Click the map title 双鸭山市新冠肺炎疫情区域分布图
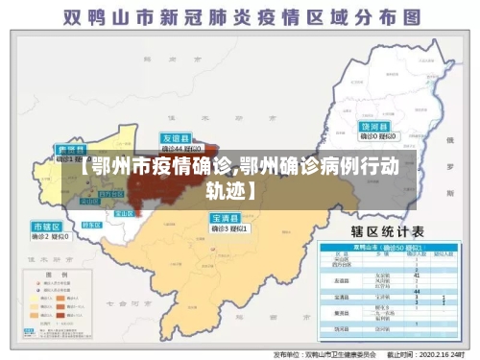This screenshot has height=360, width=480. (239, 16)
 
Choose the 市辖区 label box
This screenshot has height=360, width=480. (46, 227)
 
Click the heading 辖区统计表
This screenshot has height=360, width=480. (391, 231)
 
